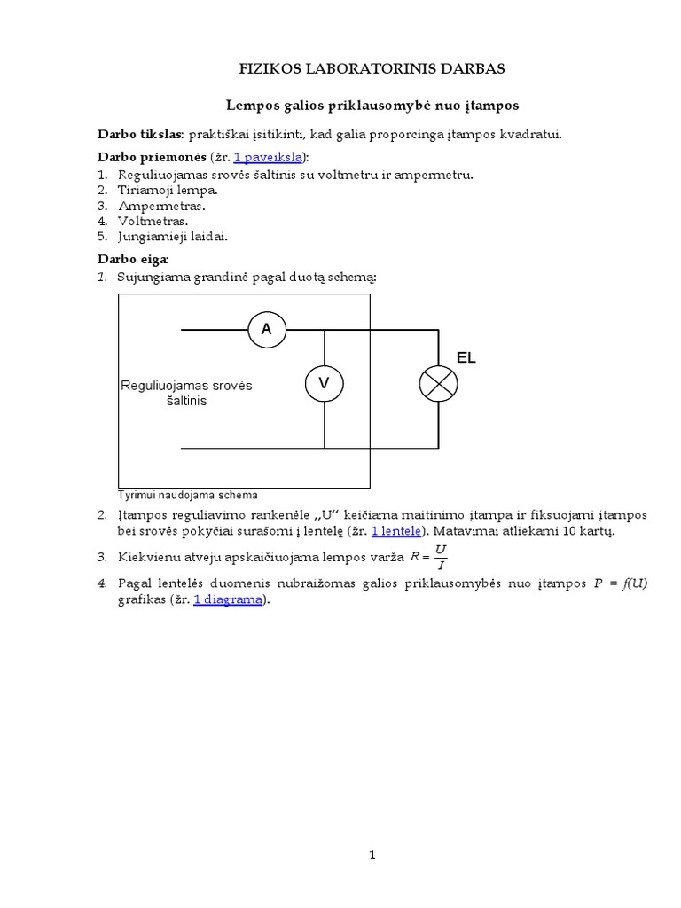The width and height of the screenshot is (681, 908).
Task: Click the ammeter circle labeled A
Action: tap(267, 331)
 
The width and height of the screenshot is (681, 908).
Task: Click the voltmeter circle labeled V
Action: tap(324, 383)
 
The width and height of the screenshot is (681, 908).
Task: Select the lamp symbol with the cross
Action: tap(438, 383)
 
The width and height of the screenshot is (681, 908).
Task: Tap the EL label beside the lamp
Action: tap(466, 358)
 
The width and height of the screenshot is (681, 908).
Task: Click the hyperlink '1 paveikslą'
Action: tap(267, 157)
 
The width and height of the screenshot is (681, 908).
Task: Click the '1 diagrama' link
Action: tap(228, 599)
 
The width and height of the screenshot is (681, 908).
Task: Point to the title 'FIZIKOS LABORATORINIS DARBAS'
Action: tap(372, 69)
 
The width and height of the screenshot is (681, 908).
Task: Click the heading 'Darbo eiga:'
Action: tap(132, 259)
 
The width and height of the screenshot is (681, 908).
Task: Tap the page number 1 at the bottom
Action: tap(372, 856)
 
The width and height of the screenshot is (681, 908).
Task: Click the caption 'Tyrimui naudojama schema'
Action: tap(187, 495)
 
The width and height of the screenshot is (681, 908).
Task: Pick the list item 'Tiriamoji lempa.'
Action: tap(168, 190)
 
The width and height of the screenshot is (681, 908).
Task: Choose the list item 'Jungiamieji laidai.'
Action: tap(174, 237)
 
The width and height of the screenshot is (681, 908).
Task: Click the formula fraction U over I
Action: tap(441, 558)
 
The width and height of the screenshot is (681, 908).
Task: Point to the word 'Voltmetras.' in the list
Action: tap(154, 221)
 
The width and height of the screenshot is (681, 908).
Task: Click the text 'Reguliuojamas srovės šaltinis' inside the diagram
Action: tap(186, 393)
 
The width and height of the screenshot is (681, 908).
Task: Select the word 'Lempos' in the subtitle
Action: tap(253, 106)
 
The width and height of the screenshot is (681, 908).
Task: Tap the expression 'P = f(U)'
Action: tap(620, 583)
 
